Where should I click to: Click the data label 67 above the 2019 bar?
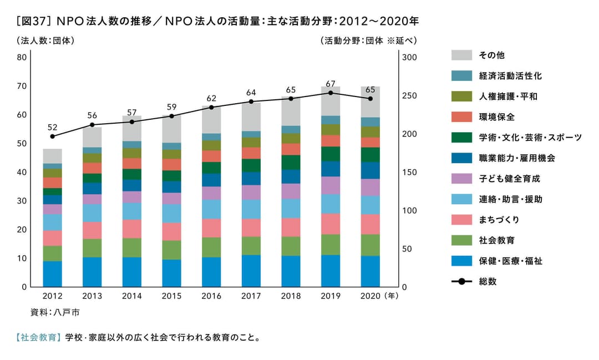[331, 84]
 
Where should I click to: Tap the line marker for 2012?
[53, 136]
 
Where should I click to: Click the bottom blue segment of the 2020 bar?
[370, 271]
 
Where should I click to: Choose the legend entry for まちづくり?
[499, 220]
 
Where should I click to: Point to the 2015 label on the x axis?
[171, 296]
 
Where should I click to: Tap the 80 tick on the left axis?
[22, 57]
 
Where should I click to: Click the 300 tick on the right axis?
[409, 57]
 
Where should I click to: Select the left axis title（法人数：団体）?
[45, 40]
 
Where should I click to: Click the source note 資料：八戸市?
[55, 312]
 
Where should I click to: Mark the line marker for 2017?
[251, 102]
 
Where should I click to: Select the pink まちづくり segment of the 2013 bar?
[92, 230]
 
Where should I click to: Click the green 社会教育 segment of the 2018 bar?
[291, 246]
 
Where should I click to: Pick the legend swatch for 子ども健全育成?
[461, 179]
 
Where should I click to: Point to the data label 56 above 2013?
[92, 115]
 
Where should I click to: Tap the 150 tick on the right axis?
[409, 173]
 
